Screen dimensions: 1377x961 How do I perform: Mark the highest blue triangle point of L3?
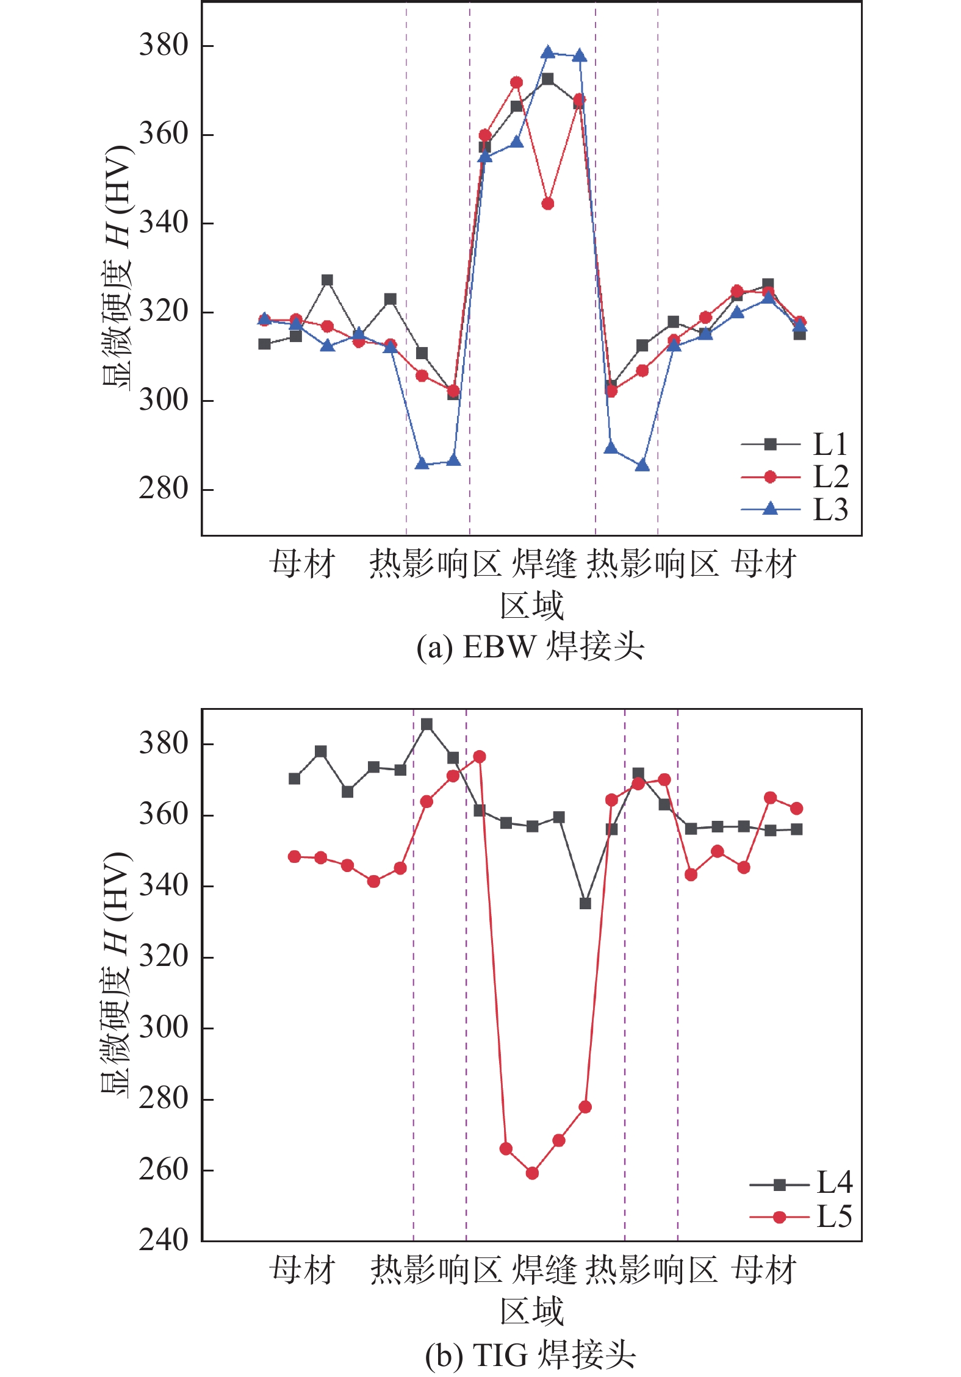point(548,52)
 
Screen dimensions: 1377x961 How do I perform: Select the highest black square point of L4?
point(427,724)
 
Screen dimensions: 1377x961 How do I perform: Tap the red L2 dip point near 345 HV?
point(548,204)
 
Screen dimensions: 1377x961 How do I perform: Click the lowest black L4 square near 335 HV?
point(585,903)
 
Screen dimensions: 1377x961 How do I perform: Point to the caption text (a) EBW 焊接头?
point(530,647)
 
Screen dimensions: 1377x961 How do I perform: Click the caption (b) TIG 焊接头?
point(530,1355)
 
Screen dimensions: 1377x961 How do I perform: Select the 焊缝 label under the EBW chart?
point(544,563)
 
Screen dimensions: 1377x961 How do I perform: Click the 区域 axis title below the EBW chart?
point(531,606)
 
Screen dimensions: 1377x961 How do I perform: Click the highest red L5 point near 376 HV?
point(480,757)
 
